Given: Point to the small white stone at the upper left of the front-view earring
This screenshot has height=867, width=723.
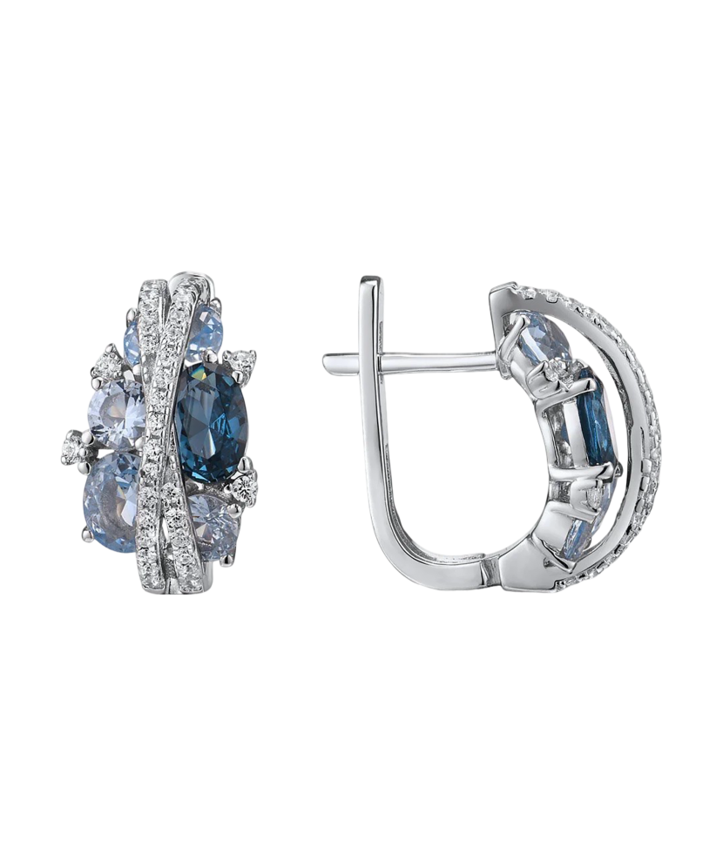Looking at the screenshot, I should pyautogui.click(x=109, y=360).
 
